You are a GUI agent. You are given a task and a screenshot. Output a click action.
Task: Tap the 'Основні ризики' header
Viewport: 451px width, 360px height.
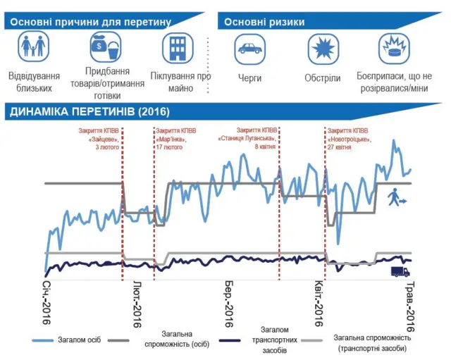pos(264,22)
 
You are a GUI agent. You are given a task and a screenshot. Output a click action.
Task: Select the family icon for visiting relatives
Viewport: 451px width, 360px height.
pos(34,49)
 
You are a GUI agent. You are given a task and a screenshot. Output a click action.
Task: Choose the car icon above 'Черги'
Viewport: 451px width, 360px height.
pos(249,49)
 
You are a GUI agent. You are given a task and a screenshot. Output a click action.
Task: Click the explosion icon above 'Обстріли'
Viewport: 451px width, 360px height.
pos(323,49)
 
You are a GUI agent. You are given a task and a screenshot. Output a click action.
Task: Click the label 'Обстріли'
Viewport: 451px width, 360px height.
pos(323,77)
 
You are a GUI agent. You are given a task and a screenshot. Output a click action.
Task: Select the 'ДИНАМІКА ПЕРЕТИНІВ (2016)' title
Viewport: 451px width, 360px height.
pos(89,112)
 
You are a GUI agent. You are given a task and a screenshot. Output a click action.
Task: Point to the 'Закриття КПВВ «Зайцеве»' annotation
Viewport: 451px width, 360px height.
pos(99,139)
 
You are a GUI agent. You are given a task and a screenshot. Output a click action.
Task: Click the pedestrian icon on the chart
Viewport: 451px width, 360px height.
pos(395,198)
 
